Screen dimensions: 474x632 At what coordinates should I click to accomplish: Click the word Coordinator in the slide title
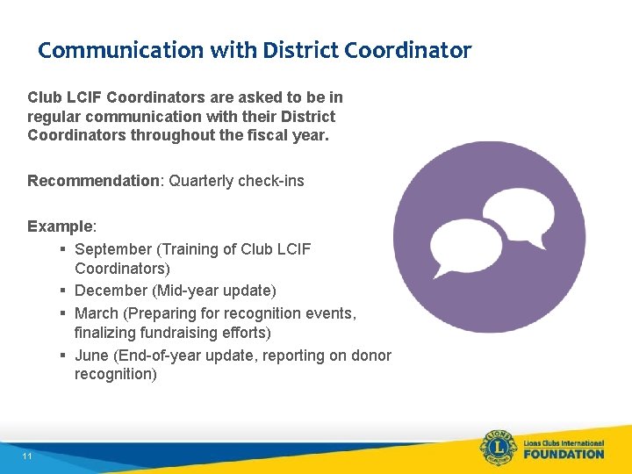(x=408, y=50)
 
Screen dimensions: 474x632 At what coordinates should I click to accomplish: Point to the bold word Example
(x=60, y=226)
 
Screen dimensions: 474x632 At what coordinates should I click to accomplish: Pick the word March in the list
(x=97, y=312)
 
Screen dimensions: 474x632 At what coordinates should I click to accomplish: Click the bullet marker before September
(x=64, y=249)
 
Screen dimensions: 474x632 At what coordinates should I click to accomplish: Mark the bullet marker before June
(x=64, y=355)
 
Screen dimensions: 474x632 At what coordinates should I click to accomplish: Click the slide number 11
(x=28, y=456)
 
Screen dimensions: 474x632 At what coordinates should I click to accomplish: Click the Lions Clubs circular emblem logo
(x=497, y=449)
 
